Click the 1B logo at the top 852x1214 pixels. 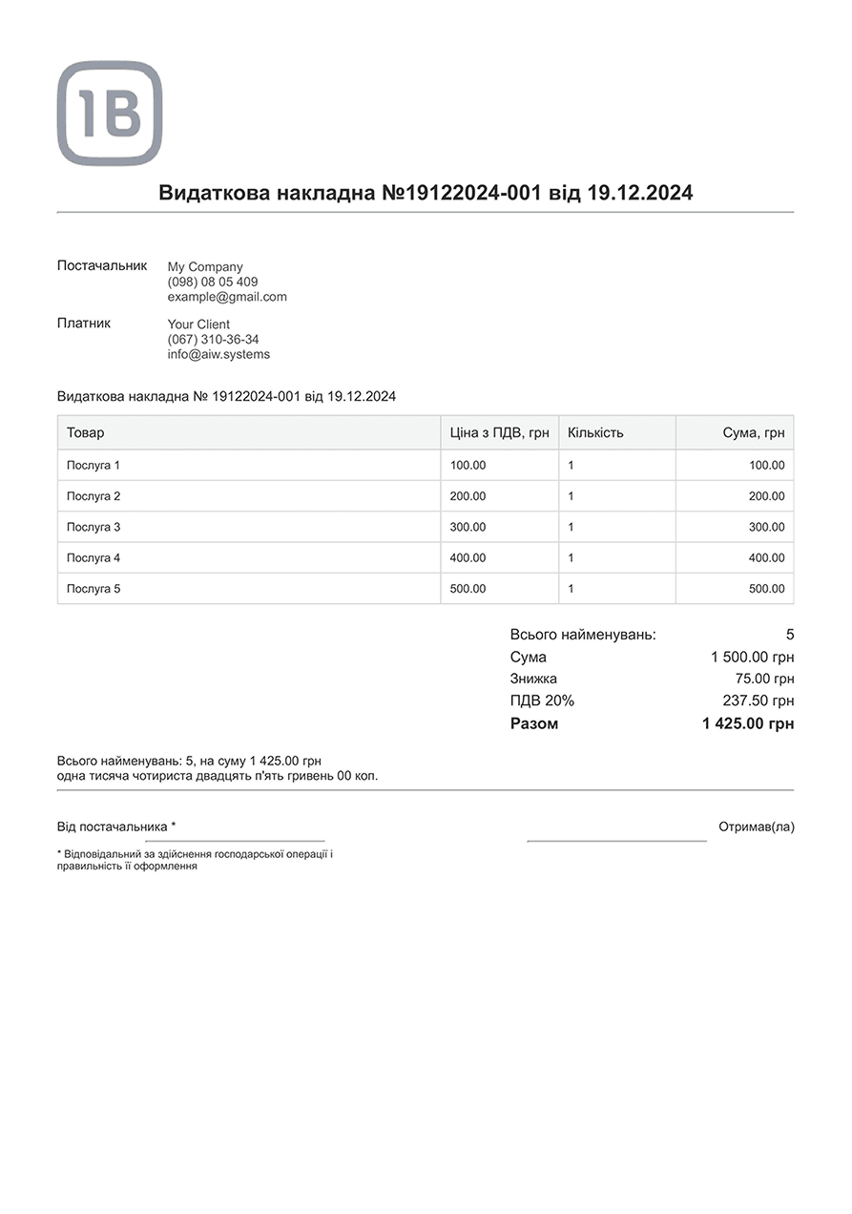[x=110, y=114]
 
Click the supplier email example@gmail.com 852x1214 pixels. [x=227, y=297]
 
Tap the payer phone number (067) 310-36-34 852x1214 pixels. [x=213, y=339]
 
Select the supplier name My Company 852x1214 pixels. [x=205, y=267]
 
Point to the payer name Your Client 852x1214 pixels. [x=198, y=324]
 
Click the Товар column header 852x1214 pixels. [x=86, y=432]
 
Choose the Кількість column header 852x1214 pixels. [x=595, y=432]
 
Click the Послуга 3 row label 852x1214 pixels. [x=94, y=527]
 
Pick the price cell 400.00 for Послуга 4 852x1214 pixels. [x=468, y=557]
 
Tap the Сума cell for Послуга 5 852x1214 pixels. [x=766, y=589]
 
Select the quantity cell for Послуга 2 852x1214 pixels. [x=571, y=496]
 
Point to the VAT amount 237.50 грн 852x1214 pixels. [x=758, y=701]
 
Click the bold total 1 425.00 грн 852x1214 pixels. [x=748, y=723]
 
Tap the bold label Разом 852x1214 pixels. [x=534, y=723]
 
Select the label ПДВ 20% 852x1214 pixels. [x=542, y=701]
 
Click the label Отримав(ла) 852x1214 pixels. [x=756, y=827]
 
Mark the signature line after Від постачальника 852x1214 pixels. [x=235, y=840]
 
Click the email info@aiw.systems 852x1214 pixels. [x=218, y=354]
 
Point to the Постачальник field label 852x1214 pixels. [x=102, y=265]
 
